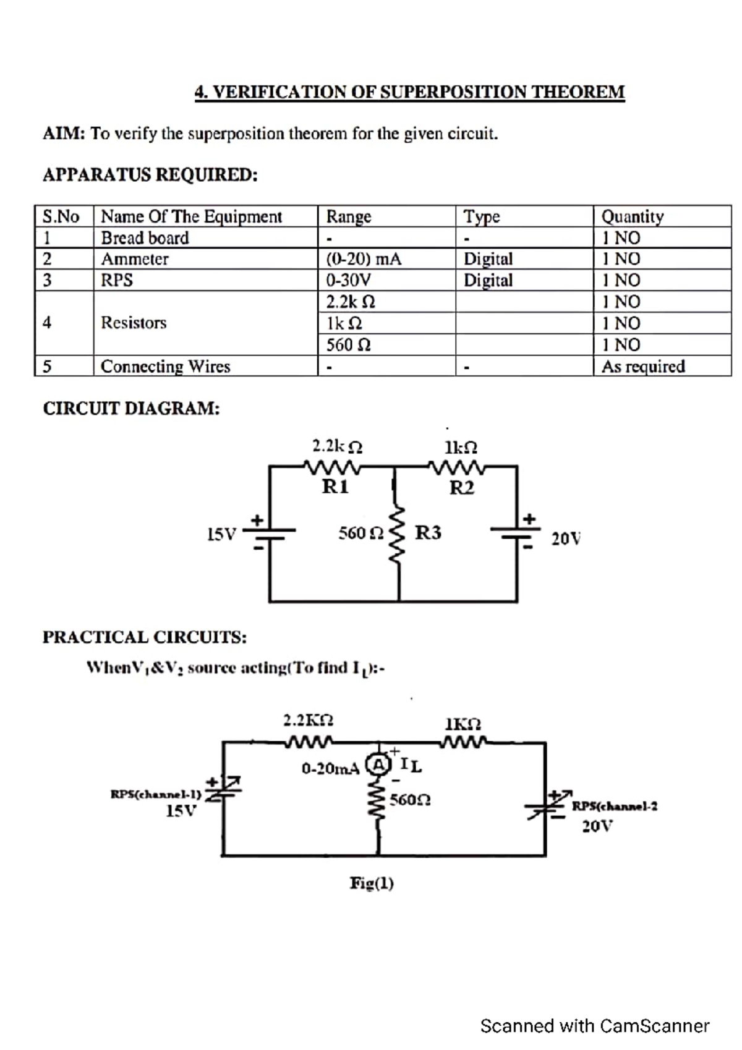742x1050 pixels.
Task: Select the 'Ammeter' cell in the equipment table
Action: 135,259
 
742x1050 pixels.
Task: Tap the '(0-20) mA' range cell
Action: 364,259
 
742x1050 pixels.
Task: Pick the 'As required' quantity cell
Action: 643,366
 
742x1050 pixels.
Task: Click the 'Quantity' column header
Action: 632,216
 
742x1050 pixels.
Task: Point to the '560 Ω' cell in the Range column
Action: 349,344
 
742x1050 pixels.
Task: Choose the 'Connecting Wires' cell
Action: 165,366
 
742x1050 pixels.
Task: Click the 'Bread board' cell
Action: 145,238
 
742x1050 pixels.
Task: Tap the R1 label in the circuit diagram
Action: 335,487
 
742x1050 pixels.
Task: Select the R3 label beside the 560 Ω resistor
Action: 428,532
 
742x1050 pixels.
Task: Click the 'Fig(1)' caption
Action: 372,883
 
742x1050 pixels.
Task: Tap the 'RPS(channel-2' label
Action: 614,806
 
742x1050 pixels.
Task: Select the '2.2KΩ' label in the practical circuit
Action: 308,720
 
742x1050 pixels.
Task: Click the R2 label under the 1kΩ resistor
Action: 461,488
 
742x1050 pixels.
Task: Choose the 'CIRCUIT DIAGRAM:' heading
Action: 131,409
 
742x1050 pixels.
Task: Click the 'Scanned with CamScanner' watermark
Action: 594,1026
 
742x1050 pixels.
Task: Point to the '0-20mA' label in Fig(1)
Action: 330,769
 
